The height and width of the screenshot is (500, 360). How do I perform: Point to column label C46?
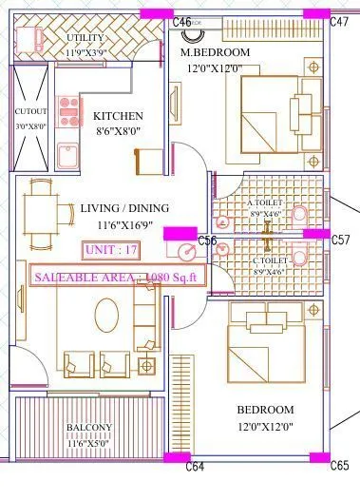182,21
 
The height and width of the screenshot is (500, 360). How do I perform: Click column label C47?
339,21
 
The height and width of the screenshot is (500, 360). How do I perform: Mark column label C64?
195,467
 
